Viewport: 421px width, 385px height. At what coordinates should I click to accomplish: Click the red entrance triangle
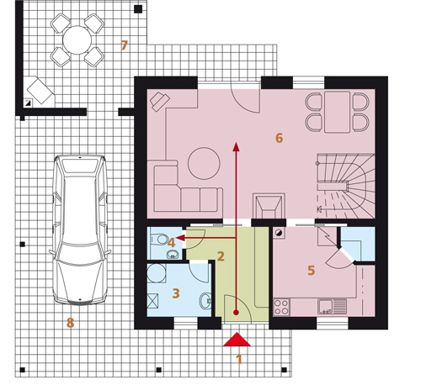237,340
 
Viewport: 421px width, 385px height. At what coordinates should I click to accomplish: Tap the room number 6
279,138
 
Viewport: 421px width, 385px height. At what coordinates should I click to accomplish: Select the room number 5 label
312,271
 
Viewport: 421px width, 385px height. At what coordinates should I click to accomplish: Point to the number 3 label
176,293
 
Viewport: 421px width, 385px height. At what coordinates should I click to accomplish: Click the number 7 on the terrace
124,45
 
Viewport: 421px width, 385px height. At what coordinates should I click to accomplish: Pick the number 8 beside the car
70,323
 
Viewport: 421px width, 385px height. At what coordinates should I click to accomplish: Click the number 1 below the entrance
239,359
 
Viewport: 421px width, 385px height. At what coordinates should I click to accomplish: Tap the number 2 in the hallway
221,256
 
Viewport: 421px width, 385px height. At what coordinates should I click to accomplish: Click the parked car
80,229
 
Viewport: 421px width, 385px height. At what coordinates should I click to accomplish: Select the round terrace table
77,40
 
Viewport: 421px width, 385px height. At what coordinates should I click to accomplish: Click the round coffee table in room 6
204,163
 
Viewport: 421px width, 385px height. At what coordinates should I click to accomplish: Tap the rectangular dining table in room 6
337,112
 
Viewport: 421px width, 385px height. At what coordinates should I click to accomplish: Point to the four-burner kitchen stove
281,308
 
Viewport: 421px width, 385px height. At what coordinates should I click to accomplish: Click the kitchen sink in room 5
333,306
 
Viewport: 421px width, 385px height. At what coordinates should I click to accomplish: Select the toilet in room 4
158,239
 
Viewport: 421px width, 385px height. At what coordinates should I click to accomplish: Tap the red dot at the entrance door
236,312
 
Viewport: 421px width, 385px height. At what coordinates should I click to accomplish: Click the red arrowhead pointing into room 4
180,238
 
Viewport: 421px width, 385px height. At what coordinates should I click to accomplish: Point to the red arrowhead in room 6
237,146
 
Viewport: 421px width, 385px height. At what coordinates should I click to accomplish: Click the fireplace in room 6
269,206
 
